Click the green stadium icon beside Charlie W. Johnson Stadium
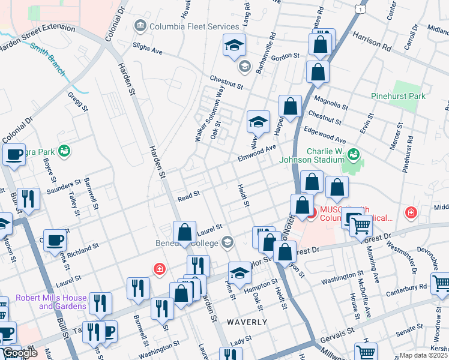pos(354,155)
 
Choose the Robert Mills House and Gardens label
pos(51,302)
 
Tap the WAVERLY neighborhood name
pos(247,322)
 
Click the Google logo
pos(20,353)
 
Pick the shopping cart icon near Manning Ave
pos(361,226)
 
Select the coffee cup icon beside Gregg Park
pos(14,154)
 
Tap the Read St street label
pos(188,197)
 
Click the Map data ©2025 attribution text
pos(424,355)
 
